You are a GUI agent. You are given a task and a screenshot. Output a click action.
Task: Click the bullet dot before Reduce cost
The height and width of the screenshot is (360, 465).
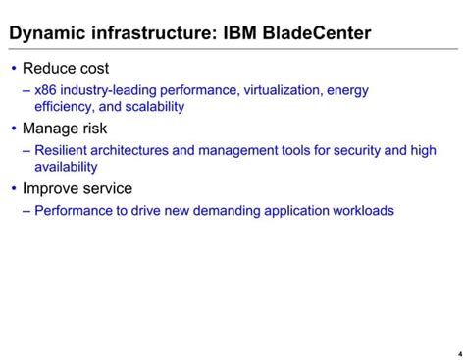[13, 69]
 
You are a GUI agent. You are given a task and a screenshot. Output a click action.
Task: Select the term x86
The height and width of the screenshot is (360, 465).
[46, 91]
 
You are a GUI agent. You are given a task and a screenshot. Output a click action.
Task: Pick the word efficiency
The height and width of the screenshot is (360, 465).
[64, 107]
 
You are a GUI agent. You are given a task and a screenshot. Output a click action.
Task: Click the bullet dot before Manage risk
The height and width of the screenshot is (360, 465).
[13, 129]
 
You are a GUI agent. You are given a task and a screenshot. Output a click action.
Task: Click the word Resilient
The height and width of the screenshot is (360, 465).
[64, 151]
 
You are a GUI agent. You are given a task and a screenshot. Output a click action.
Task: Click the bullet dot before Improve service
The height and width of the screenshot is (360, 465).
[13, 188]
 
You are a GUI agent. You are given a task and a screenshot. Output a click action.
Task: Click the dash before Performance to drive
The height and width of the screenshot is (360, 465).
[26, 211]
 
